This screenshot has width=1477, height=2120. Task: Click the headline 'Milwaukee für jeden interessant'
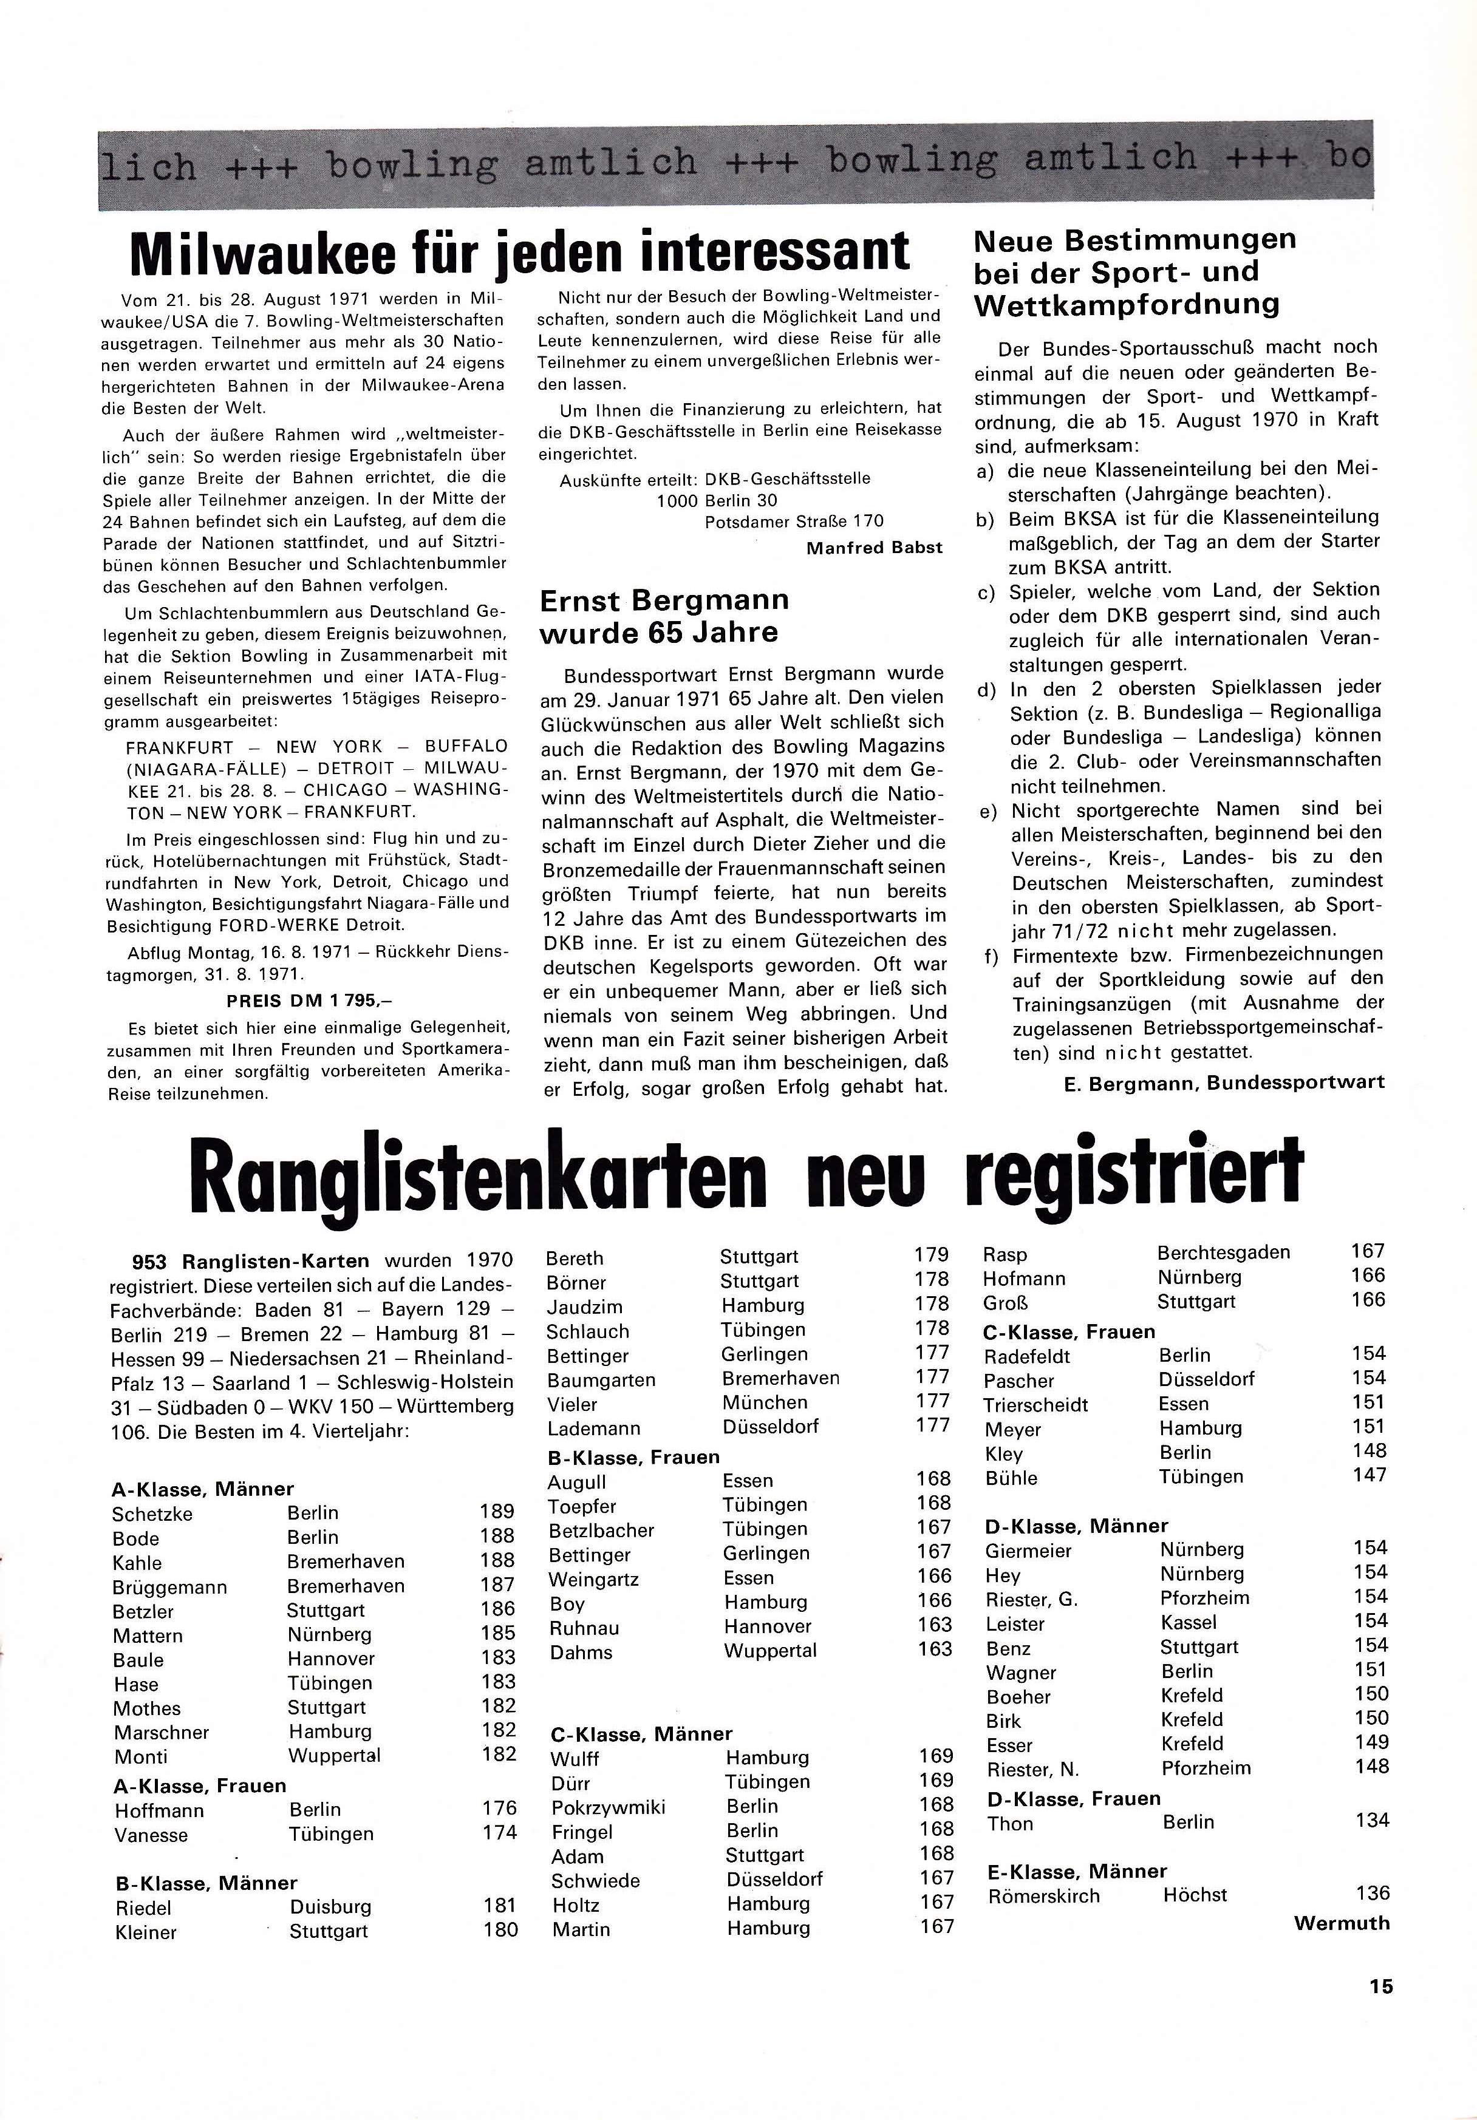point(519,251)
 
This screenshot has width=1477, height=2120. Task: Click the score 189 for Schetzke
point(497,1512)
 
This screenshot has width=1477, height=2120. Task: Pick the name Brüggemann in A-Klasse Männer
point(169,1586)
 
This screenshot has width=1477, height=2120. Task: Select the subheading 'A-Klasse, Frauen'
point(200,1785)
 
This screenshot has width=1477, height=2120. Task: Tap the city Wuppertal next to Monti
point(333,1755)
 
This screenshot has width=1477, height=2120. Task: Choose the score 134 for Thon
point(1372,1820)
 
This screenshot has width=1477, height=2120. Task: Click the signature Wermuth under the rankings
point(1341,1923)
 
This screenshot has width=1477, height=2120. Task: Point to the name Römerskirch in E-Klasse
point(1044,1895)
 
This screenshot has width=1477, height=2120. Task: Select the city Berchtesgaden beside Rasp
point(1223,1252)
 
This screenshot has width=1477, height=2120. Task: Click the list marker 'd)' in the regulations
point(986,690)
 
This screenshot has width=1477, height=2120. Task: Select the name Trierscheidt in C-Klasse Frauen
point(1035,1404)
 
